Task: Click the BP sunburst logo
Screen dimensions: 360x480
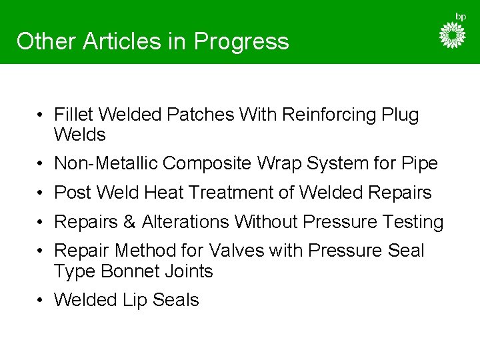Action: point(453,35)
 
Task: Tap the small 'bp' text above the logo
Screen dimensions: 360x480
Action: point(460,16)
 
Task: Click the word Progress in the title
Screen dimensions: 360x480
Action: point(241,41)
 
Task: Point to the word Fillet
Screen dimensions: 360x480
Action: point(75,115)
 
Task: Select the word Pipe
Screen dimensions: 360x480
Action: point(421,163)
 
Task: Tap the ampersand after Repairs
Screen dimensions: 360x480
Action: point(129,222)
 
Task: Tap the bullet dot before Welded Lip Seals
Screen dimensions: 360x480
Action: point(41,301)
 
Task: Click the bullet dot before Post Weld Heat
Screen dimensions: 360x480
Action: point(41,193)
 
